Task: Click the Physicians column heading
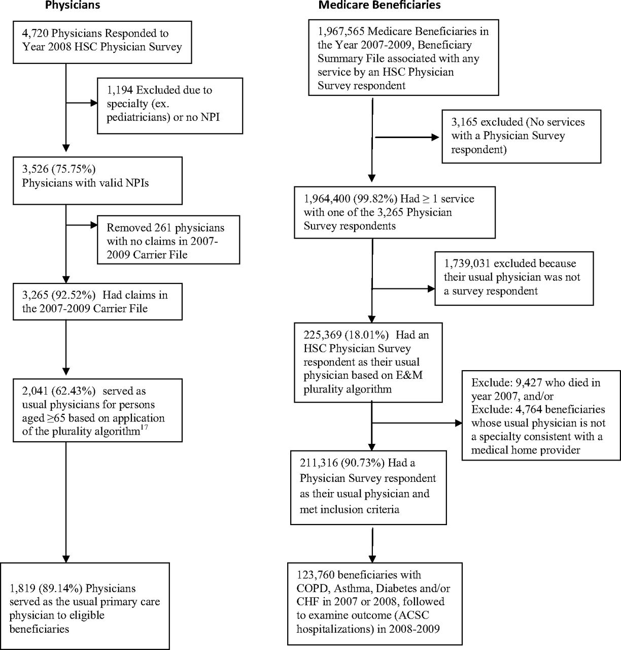(73, 5)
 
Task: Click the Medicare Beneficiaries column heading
(379, 5)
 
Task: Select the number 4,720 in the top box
(36, 34)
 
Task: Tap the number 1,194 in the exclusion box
(120, 90)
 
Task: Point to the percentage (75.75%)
(74, 169)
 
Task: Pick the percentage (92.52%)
(74, 295)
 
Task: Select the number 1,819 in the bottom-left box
(22, 588)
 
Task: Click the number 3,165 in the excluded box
(464, 122)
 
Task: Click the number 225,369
(323, 335)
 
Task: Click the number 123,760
(316, 575)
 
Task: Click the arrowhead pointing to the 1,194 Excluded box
(94, 103)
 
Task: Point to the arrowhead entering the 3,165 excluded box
(435, 137)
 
